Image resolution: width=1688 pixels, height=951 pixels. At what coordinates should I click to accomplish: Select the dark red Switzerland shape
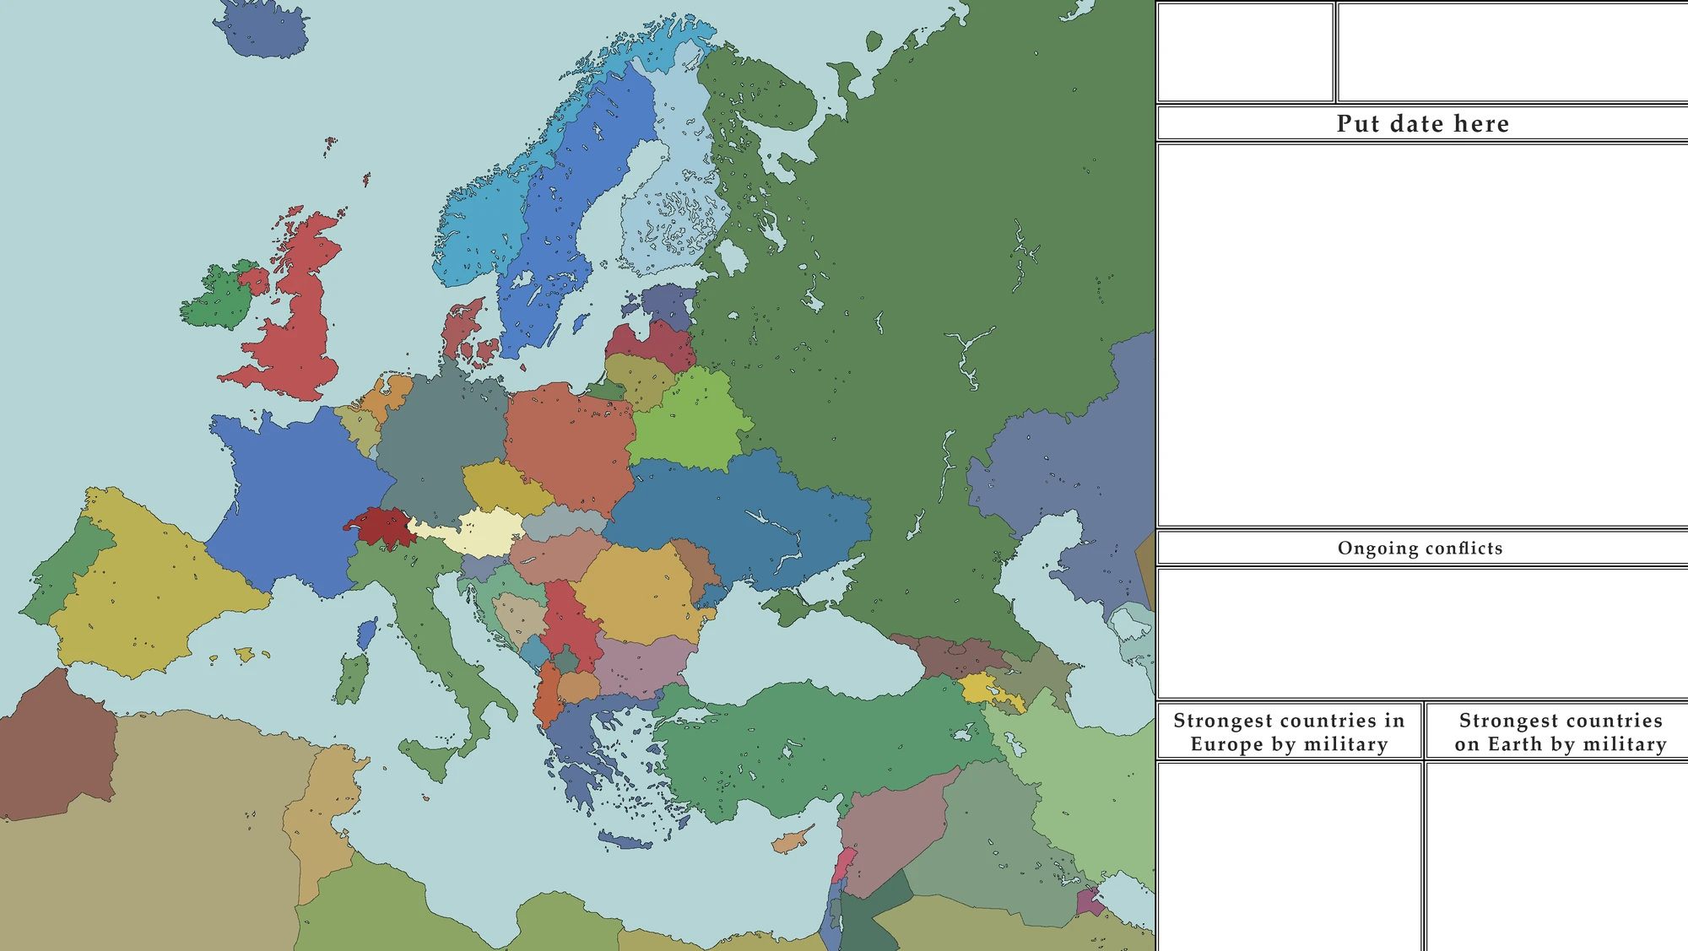click(x=380, y=526)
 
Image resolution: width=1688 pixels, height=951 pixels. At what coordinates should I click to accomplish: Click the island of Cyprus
click(x=789, y=842)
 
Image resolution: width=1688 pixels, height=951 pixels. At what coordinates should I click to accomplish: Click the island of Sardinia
click(x=351, y=679)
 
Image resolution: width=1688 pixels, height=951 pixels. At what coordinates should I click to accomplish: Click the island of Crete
click(x=625, y=840)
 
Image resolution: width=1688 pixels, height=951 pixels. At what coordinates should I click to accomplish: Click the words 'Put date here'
click(x=1422, y=124)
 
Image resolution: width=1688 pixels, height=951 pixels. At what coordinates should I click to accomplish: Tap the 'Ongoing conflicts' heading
click(x=1420, y=548)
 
